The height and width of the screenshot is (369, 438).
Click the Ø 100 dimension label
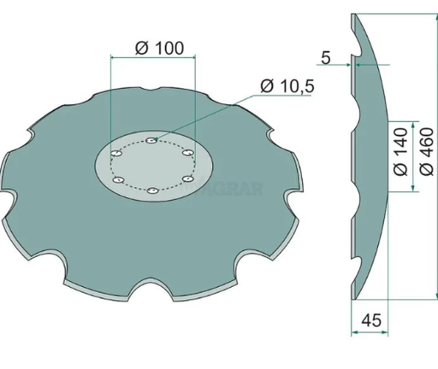(x=159, y=49)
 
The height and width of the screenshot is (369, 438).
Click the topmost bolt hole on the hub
(x=150, y=142)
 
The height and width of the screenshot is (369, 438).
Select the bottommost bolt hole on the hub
(x=151, y=191)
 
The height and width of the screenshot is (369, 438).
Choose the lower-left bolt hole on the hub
(x=119, y=180)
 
